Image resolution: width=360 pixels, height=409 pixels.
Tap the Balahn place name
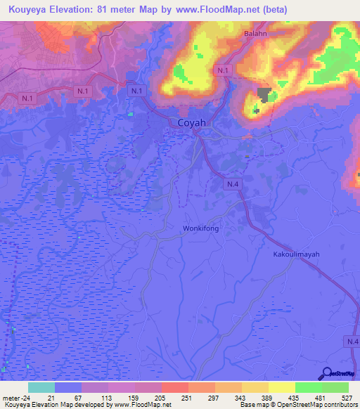click(256, 33)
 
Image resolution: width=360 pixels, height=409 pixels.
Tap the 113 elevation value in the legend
click(92, 398)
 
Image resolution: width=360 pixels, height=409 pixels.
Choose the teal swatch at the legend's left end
click(41, 387)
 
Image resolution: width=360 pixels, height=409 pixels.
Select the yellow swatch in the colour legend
click(281, 387)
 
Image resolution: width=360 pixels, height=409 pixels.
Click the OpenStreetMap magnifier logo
click(327, 374)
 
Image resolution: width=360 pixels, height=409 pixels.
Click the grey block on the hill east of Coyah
click(264, 94)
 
